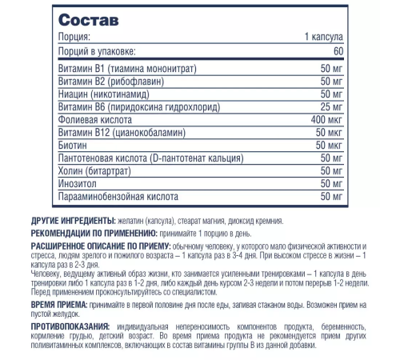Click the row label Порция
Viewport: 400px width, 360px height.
tap(75, 38)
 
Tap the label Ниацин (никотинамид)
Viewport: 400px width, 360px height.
tap(105, 94)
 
